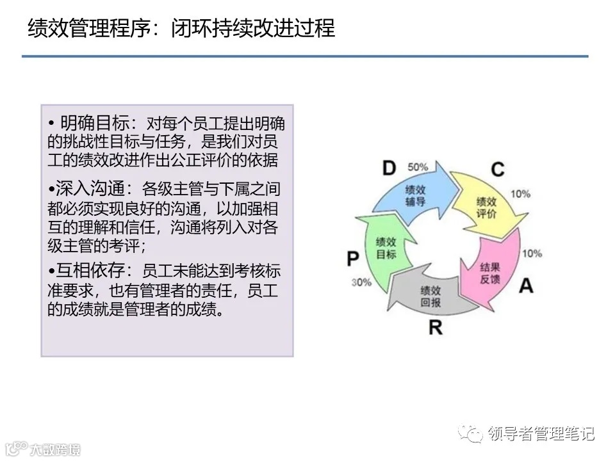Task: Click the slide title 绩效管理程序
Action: coord(86,29)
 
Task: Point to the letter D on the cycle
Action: coord(389,168)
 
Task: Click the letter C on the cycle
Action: coord(497,170)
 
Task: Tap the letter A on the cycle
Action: coord(525,286)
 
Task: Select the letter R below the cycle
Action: coord(435,328)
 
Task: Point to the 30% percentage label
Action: coord(361,282)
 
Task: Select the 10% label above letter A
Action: coord(532,253)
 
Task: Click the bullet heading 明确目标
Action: coord(95,122)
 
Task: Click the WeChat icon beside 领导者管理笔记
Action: coord(476,434)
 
